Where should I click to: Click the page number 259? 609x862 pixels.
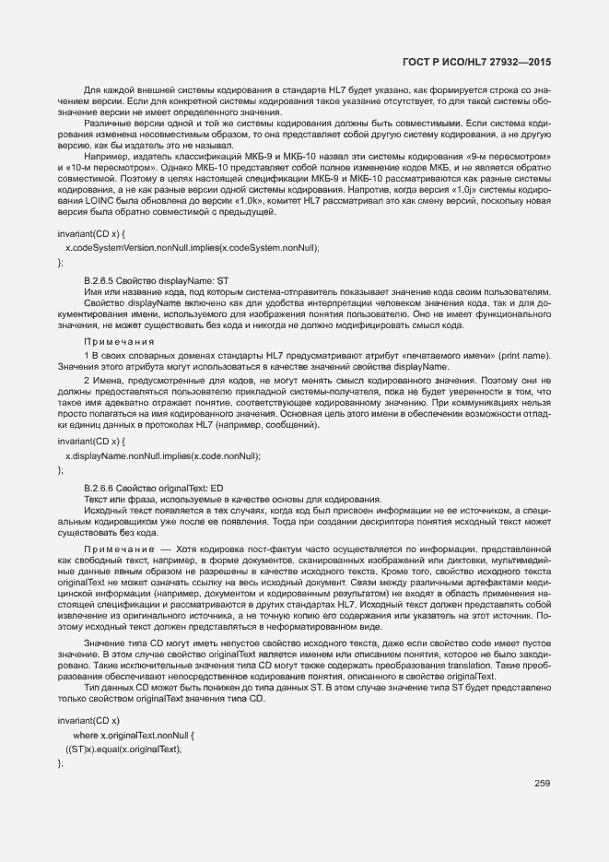542,784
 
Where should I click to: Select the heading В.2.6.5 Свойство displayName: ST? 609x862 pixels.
156,279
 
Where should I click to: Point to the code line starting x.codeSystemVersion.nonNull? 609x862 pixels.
192,248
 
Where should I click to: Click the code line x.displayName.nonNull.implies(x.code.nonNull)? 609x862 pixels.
163,455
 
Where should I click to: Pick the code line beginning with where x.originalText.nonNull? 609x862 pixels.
134,735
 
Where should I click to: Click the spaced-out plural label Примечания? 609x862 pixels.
118,341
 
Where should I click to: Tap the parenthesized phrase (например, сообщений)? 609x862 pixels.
275,424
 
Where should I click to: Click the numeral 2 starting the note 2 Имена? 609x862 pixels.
86,380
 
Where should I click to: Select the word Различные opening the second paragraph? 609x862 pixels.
105,123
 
